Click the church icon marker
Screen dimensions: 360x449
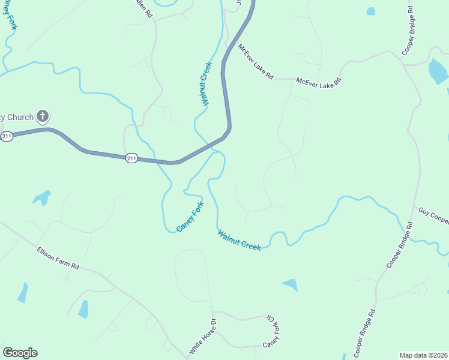click(42, 116)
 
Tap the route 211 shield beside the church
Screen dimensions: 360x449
click(7, 137)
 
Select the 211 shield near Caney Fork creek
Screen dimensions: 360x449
click(132, 158)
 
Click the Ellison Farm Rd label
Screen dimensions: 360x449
click(58, 257)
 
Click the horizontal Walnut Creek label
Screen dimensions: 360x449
click(240, 240)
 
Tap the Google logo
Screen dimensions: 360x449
click(20, 353)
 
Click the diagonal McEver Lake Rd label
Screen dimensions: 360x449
click(256, 62)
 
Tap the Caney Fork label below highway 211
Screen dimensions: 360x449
click(190, 217)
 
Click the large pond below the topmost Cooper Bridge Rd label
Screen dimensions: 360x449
click(438, 72)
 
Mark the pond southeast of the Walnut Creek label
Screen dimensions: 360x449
click(291, 285)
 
